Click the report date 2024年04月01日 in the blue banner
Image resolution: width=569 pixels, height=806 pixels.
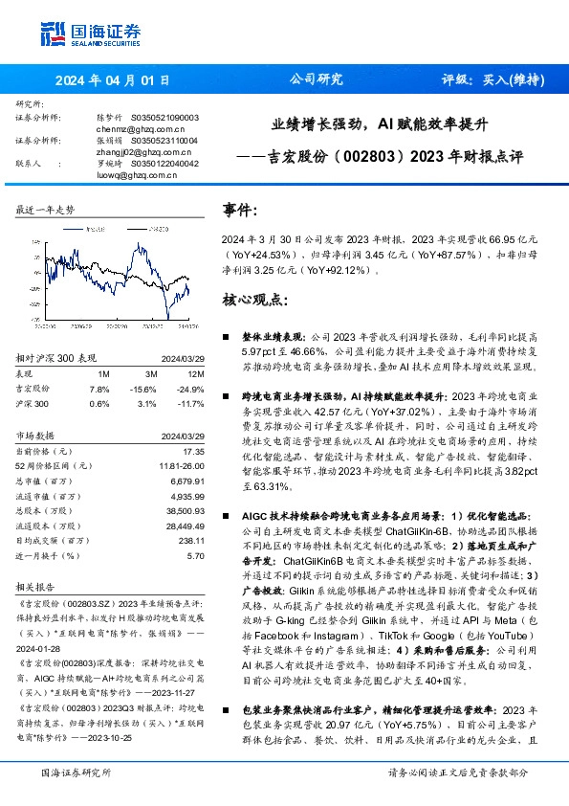click(113, 80)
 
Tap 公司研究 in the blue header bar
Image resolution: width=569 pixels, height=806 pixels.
click(316, 80)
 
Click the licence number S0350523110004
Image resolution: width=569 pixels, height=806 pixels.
click(164, 141)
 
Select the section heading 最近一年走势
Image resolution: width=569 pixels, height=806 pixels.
click(46, 209)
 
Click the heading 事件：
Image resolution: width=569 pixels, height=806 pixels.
click(239, 209)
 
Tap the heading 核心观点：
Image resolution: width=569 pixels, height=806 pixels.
click(253, 299)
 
